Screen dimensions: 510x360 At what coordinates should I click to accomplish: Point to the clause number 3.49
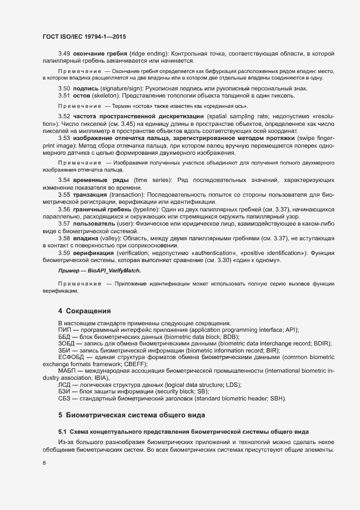tap(64, 53)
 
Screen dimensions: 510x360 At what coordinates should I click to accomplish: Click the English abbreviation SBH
tap(275, 399)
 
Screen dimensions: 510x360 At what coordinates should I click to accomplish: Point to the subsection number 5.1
tap(63, 432)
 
